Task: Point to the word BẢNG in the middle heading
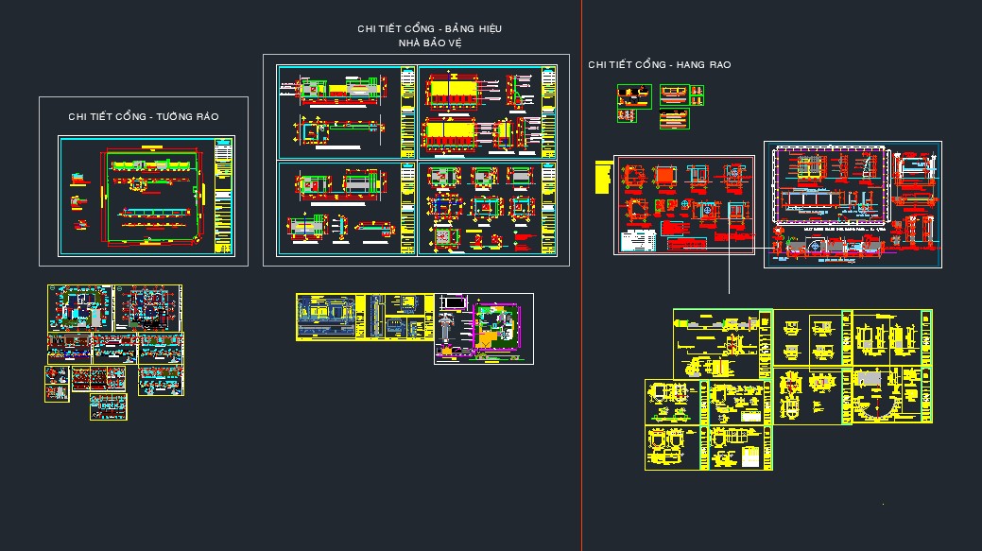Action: pos(442,28)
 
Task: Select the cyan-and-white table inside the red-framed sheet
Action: pos(638,240)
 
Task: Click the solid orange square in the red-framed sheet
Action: pos(665,175)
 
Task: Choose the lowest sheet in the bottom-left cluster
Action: pos(109,407)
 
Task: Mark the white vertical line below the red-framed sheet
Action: pos(730,274)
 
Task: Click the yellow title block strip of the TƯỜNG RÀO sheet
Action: pos(223,197)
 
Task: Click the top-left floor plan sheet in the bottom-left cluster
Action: pos(80,307)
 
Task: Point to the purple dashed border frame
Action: pos(830,184)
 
